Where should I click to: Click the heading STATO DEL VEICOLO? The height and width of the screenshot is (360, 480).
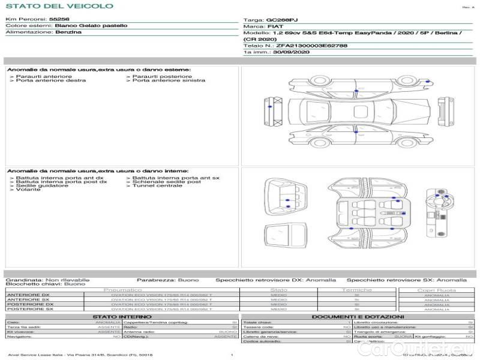[59, 6]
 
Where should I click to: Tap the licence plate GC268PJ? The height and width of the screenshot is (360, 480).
[281, 20]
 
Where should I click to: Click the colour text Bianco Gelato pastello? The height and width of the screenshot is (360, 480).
[91, 26]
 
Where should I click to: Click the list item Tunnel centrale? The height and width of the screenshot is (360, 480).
[157, 186]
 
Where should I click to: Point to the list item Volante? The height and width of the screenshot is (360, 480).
[28, 190]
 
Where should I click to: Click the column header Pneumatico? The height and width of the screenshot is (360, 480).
[122, 290]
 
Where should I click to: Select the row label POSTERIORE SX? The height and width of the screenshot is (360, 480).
[30, 310]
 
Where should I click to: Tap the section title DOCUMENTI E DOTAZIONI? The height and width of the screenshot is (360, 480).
[358, 317]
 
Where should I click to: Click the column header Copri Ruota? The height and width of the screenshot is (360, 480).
[436, 290]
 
